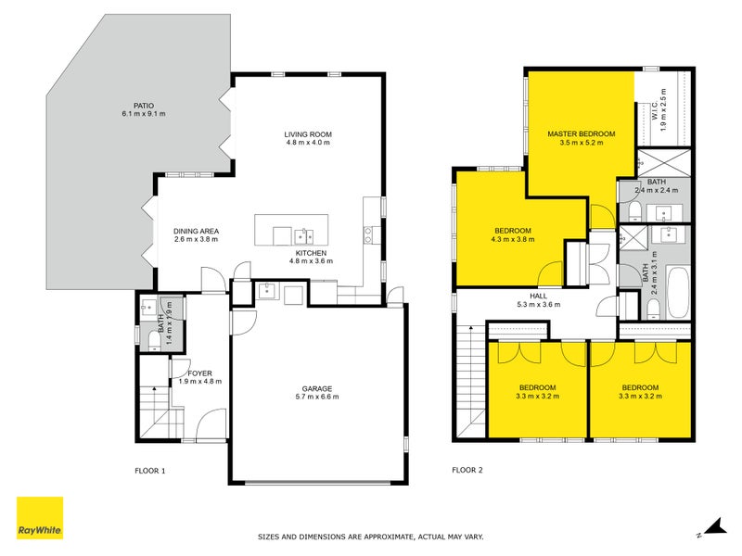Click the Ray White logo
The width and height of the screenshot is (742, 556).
point(40,518)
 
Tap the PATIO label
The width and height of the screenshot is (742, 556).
point(144,106)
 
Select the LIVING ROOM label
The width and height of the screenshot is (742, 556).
point(308,134)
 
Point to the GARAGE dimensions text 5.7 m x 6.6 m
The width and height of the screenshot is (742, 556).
point(317,397)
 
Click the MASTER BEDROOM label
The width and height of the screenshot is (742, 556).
point(582,133)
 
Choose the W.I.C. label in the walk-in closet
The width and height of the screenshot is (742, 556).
point(655,110)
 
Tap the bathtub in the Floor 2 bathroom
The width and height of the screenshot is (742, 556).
point(678,293)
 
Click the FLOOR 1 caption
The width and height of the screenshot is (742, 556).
point(150,471)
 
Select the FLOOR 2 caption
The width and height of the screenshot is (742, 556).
point(467,470)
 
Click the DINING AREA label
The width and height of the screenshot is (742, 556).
point(196,231)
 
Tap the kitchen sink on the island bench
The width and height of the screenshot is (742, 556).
point(303,236)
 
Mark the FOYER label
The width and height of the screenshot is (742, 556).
point(199,373)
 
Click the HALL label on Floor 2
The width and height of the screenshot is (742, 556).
point(539,297)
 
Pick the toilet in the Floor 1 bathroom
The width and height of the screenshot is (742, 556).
point(155,340)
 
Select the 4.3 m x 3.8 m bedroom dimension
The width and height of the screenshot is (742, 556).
point(513,239)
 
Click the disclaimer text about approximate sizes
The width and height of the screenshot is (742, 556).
point(370,537)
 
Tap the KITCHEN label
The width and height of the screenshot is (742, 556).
point(311,253)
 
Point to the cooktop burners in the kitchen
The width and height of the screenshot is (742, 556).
point(367,235)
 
